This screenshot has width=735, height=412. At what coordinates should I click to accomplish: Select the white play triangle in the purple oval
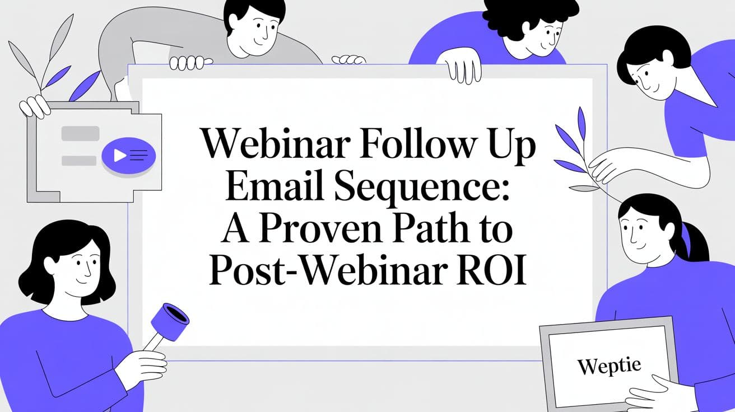[119, 155]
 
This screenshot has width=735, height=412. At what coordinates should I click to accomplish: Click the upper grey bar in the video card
[80, 133]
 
